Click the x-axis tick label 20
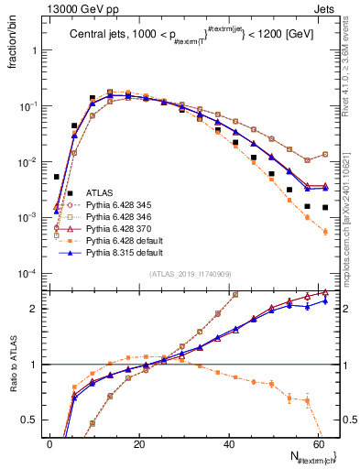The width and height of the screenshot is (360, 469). pyautogui.click(x=139, y=443)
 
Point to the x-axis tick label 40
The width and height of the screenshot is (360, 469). pyautogui.click(x=229, y=443)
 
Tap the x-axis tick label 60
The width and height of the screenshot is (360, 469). pyautogui.click(x=319, y=443)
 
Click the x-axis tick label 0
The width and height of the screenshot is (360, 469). pyautogui.click(x=49, y=443)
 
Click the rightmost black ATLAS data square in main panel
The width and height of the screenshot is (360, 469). pyautogui.click(x=325, y=207)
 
